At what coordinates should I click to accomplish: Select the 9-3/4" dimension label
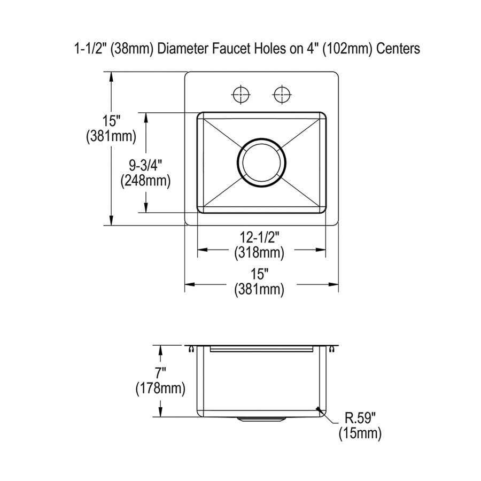point(145,166)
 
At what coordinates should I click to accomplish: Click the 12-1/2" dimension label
point(259,238)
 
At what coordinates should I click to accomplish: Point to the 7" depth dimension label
point(160,374)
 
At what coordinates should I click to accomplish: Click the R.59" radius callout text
point(360,418)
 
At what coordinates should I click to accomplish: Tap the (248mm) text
point(145,181)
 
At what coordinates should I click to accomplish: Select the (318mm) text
point(259,253)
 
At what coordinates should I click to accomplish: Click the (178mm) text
point(160,389)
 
